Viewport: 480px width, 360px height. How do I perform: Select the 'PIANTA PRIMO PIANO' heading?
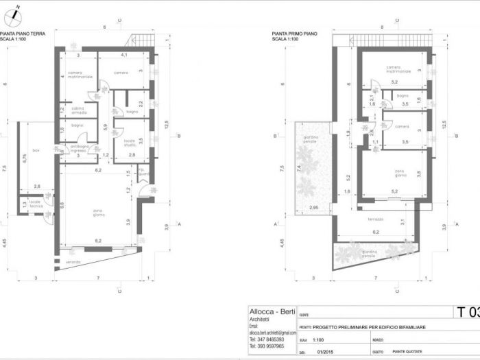(x=293, y=33)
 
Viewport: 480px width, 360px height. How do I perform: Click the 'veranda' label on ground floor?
(x=73, y=262)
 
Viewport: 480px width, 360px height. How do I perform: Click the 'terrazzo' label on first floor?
(x=375, y=219)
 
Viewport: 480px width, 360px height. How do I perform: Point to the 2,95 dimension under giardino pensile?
(x=314, y=207)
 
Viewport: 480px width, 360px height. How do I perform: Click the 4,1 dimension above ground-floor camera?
(x=124, y=54)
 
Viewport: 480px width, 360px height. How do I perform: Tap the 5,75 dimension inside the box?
(x=25, y=156)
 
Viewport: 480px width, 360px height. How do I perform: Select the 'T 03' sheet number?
(x=468, y=313)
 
